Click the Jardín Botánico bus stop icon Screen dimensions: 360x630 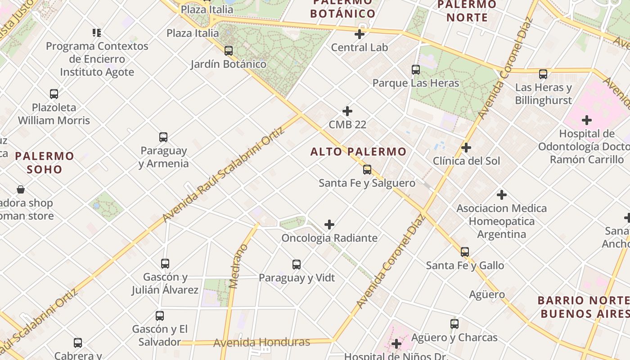click(x=229, y=50)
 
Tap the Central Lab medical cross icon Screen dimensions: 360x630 click(x=360, y=34)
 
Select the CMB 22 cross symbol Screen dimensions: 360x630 click(x=347, y=111)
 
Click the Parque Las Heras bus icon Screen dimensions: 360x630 click(x=416, y=70)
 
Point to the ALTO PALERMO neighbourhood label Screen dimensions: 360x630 click(x=358, y=152)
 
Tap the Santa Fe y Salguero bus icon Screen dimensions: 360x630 click(x=367, y=170)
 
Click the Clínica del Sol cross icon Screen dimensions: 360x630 click(x=466, y=148)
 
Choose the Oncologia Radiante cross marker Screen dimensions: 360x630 click(x=329, y=224)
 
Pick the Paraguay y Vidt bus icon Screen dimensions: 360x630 click(x=297, y=264)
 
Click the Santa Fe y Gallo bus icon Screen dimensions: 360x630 click(x=465, y=252)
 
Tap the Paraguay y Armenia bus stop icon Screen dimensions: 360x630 click(x=163, y=137)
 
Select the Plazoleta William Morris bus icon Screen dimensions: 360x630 click(x=54, y=94)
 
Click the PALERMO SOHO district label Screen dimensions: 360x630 click(x=45, y=162)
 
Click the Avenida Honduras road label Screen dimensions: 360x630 click(x=261, y=342)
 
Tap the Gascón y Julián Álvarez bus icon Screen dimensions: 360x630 click(x=165, y=263)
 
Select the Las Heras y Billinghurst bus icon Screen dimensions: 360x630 click(x=543, y=74)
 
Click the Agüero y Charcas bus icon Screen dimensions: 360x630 click(x=454, y=324)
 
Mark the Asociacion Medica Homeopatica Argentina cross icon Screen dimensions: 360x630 click(x=502, y=195)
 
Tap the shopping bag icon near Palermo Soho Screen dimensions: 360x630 click(x=21, y=189)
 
